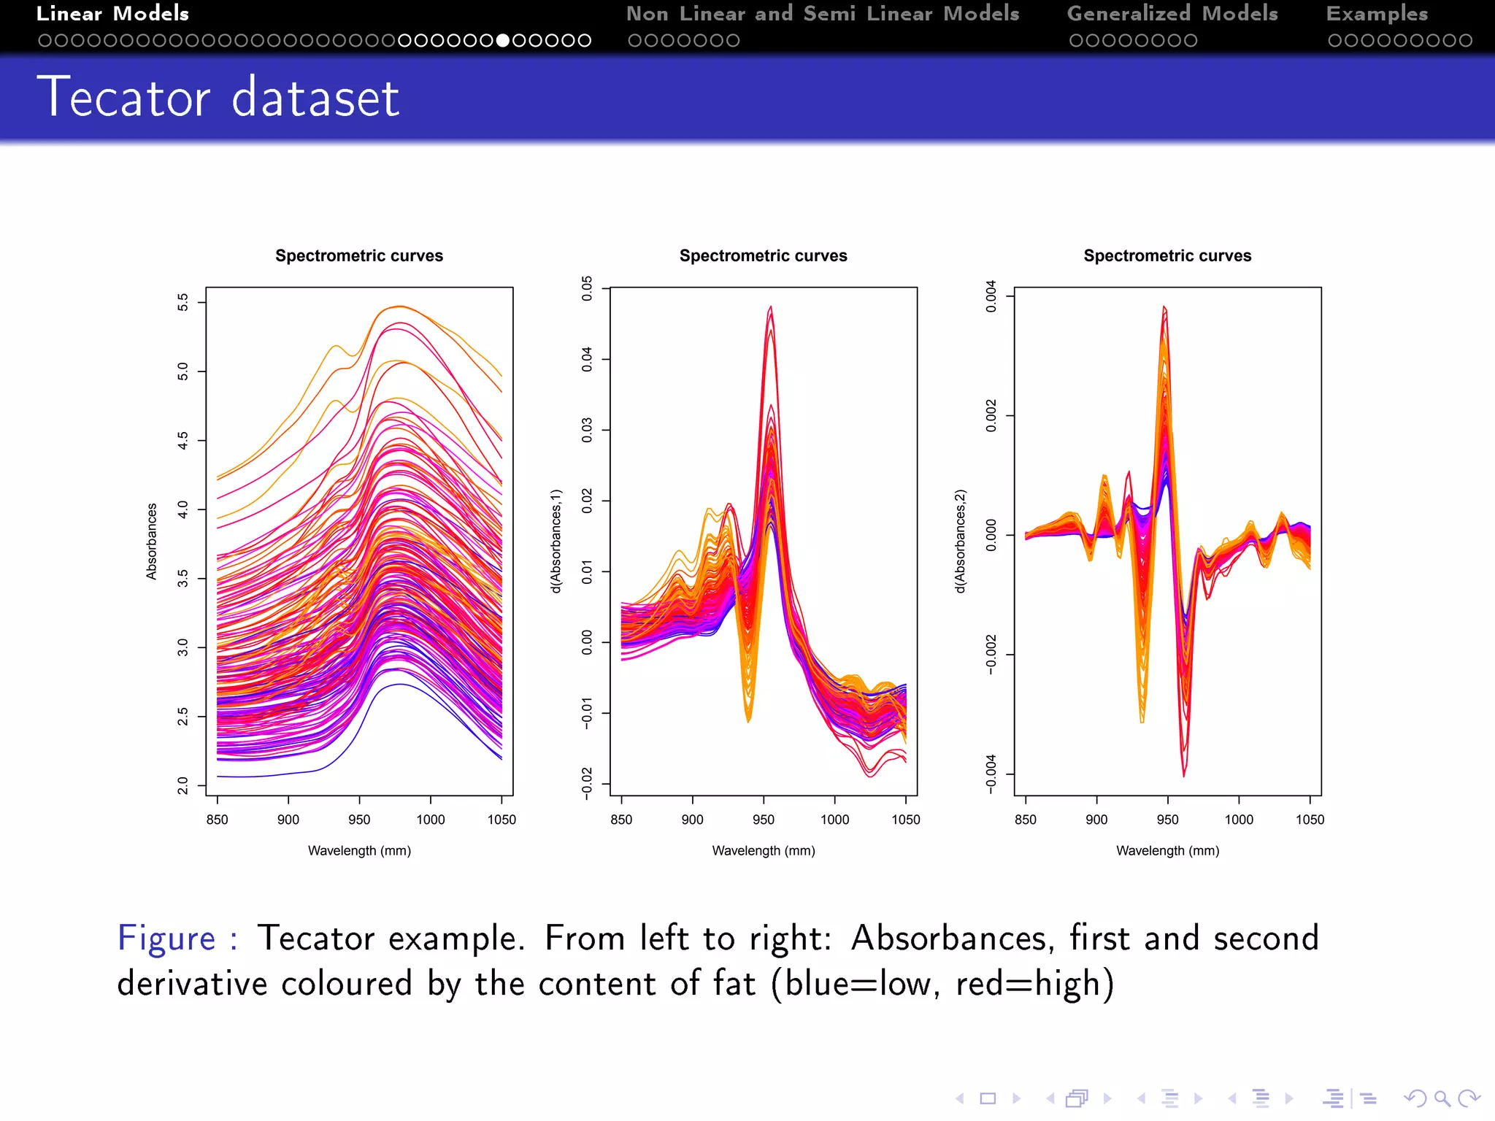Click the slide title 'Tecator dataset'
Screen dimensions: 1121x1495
[218, 97]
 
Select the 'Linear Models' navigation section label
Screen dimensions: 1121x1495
[112, 14]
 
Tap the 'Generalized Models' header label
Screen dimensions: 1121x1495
[1172, 14]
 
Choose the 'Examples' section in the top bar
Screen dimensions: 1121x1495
[1376, 14]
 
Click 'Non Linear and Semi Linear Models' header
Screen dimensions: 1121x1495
[822, 14]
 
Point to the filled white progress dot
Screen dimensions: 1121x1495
[502, 41]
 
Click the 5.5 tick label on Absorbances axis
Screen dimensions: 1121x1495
[183, 302]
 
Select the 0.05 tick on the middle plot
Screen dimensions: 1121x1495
[588, 288]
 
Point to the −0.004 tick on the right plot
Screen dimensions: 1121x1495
[991, 774]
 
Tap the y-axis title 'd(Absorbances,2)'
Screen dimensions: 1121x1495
[961, 541]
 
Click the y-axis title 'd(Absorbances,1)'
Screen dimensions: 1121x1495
[556, 541]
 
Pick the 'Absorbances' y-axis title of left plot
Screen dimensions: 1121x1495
[152, 541]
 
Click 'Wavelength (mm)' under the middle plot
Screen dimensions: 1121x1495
[763, 850]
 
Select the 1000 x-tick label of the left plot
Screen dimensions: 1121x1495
[430, 820]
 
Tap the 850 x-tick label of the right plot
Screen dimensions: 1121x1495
[1025, 820]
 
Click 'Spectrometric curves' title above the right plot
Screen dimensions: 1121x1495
[1167, 256]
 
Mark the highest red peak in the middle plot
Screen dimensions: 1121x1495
[770, 308]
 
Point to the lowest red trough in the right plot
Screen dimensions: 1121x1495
[1183, 774]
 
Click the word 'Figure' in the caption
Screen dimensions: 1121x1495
[166, 939]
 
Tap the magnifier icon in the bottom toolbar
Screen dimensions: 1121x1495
[1441, 1098]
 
